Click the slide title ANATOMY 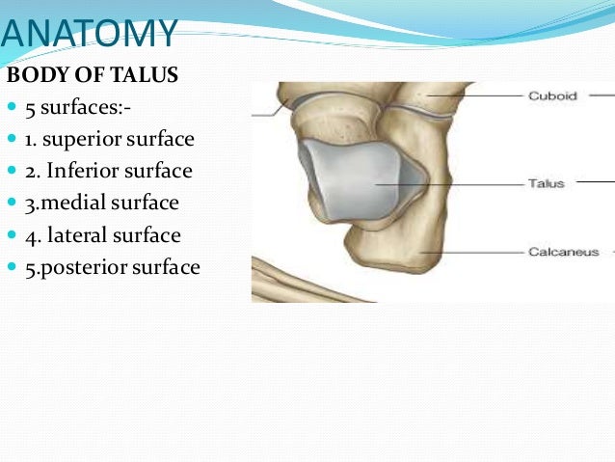[89, 35]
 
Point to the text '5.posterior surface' [113, 267]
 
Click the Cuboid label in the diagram [551, 96]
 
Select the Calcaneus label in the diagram [563, 253]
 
